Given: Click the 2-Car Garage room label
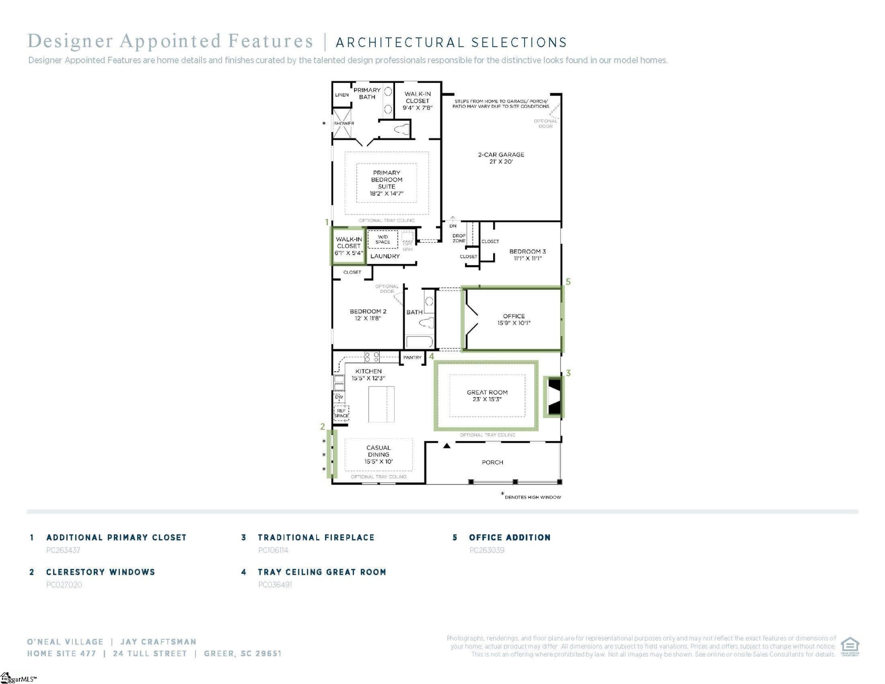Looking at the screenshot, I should [501, 158].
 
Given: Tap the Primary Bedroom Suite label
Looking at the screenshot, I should [386, 183].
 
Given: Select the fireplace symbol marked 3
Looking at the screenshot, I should [554, 397].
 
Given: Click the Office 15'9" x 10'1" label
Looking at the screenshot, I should [513, 320].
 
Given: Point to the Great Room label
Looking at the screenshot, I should [487, 396].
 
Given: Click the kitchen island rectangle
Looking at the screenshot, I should [381, 404].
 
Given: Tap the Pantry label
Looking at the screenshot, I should [412, 357].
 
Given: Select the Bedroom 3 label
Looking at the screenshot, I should [527, 255].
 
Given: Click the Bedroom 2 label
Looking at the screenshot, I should [368, 315].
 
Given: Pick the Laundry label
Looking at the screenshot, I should [385, 256].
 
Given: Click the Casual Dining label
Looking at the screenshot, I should [378, 454].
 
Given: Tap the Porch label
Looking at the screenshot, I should [492, 462].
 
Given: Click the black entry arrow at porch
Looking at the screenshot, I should [447, 446].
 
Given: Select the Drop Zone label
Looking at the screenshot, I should [459, 238].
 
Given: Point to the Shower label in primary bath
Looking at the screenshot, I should [344, 123].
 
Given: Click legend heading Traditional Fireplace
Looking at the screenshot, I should [316, 537].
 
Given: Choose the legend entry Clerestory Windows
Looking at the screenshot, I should [100, 572].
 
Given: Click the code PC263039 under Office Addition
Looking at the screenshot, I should [487, 550].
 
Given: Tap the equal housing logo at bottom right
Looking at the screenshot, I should [850, 646].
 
